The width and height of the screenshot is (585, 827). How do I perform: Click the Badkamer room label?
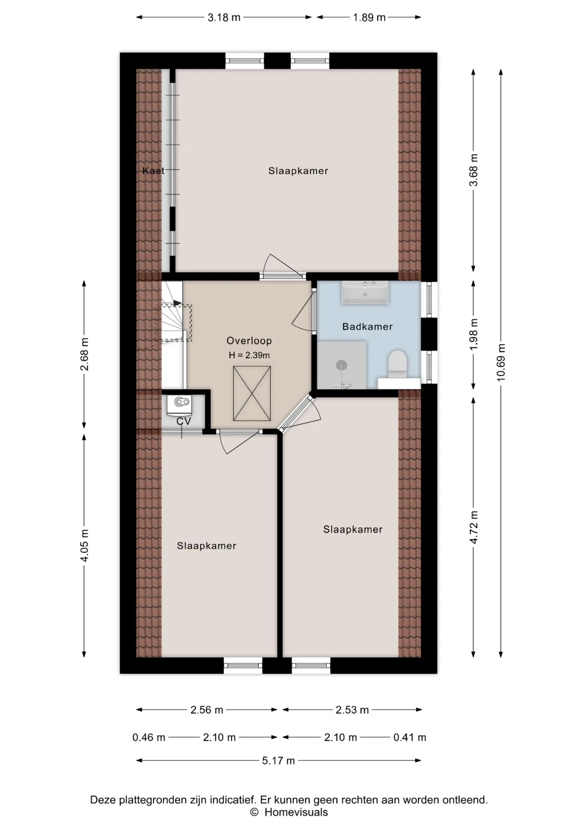[367, 326]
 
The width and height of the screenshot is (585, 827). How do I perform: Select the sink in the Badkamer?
[365, 292]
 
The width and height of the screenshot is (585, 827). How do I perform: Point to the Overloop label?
[249, 341]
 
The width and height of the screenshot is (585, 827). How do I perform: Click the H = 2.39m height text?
[249, 355]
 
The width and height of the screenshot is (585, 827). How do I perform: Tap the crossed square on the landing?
[252, 393]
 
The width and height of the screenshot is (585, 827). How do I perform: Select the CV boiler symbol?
[182, 402]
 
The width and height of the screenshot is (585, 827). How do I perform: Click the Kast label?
[153, 171]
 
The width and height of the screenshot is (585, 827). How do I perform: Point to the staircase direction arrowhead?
[177, 303]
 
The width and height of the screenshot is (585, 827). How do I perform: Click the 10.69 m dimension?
[501, 362]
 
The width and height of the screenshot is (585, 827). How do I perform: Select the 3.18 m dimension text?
[224, 18]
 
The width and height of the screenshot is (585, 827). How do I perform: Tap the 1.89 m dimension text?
[369, 18]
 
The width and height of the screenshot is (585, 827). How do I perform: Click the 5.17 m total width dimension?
[278, 761]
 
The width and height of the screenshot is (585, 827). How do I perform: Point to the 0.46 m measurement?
[149, 737]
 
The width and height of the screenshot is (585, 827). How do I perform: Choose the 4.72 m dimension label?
[474, 527]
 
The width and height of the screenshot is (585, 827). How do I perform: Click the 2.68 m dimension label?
[84, 354]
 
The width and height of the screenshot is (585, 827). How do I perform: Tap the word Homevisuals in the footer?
[296, 812]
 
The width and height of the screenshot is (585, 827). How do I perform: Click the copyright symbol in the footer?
[254, 812]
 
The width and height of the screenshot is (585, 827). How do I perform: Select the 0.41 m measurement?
[410, 737]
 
